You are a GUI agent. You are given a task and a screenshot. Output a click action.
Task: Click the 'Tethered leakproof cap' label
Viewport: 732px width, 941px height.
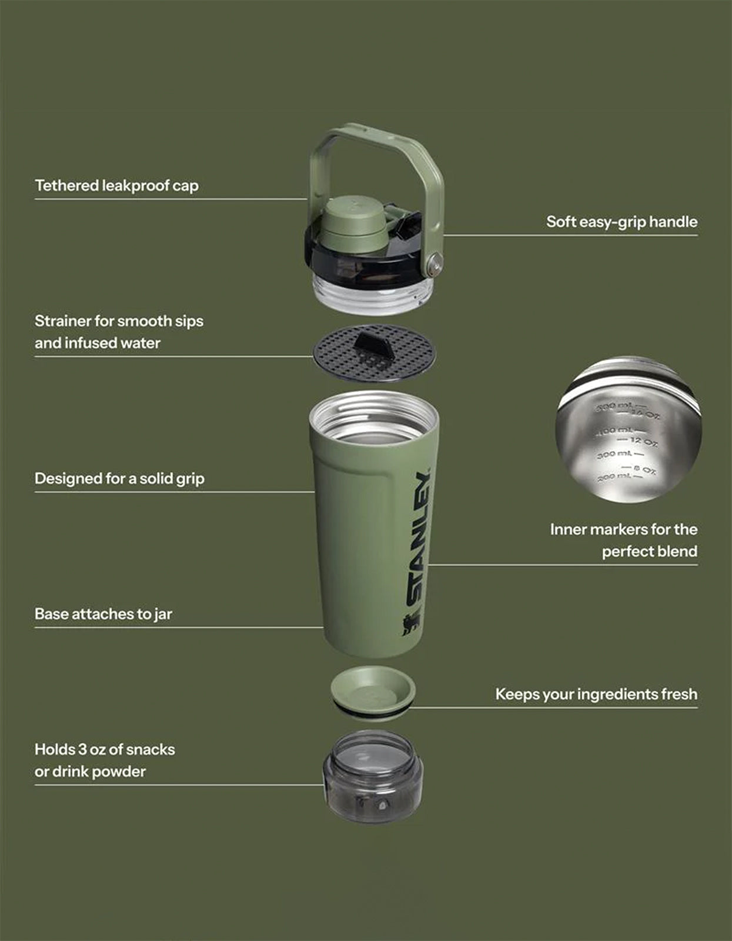point(116,186)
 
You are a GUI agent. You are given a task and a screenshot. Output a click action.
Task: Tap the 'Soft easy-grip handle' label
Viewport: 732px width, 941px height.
point(621,222)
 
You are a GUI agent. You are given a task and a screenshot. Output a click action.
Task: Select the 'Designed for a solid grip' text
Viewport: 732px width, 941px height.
point(119,479)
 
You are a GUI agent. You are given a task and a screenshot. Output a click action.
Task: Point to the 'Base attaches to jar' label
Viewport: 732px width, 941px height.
point(103,614)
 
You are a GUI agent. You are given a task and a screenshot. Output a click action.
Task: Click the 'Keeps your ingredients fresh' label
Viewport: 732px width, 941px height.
point(596,694)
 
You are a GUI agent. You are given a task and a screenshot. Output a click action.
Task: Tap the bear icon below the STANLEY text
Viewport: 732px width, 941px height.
point(412,626)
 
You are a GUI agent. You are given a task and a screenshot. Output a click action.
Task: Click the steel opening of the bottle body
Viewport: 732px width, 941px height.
point(374,420)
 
